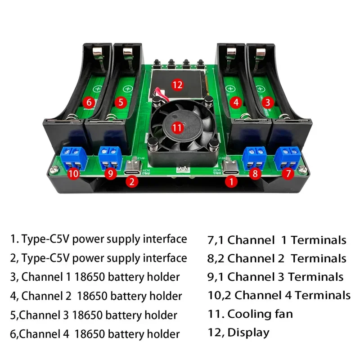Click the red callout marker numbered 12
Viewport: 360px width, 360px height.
178,84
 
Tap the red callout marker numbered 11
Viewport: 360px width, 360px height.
177,128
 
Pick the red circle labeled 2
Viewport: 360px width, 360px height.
131,182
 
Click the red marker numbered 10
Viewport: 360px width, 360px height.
75,173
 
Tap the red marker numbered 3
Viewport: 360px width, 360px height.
267,103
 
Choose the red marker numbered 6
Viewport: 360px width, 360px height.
88,103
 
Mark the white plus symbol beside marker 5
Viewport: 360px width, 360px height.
128,89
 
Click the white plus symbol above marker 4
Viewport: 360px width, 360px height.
230,89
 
